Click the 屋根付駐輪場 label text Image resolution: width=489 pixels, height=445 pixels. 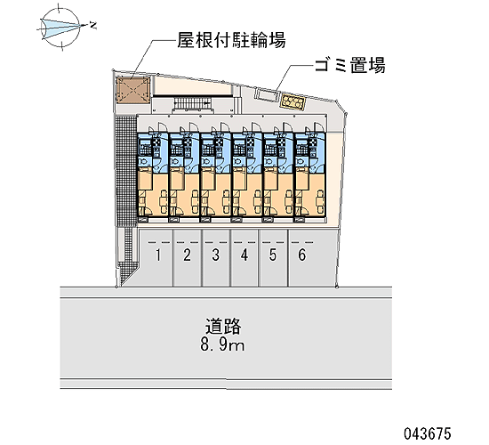(x=231, y=40)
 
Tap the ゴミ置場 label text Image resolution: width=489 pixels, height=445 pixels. (x=350, y=65)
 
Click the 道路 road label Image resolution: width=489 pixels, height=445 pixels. (x=222, y=327)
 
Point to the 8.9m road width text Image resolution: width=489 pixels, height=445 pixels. (x=222, y=344)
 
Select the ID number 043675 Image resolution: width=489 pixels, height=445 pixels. (x=428, y=433)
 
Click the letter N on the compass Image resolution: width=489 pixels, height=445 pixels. (x=92, y=25)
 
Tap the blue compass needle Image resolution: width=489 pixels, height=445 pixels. (x=60, y=26)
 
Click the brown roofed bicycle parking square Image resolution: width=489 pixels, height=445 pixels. (x=132, y=90)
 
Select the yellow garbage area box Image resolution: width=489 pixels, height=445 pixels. (x=293, y=101)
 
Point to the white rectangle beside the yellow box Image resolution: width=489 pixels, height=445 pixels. (x=268, y=94)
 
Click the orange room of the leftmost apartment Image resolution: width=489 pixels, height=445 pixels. (x=153, y=191)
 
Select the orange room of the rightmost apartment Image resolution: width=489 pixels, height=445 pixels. (x=310, y=191)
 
